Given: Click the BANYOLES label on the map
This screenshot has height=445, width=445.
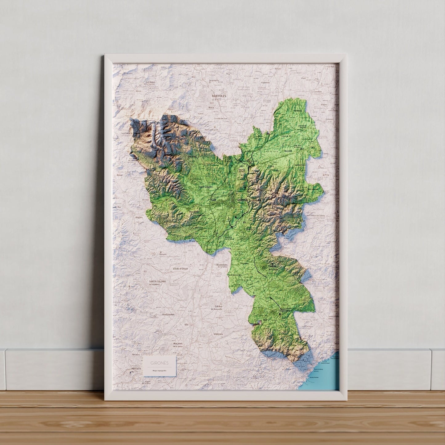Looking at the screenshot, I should (x=219, y=96).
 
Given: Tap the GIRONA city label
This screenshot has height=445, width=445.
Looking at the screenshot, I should (x=243, y=200).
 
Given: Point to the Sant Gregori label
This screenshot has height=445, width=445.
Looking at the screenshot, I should (x=206, y=187).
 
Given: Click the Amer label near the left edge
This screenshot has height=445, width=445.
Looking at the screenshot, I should (x=119, y=175).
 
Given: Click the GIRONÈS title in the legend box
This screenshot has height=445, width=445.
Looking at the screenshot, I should (x=160, y=363).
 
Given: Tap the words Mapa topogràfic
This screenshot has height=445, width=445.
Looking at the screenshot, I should (x=160, y=370).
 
